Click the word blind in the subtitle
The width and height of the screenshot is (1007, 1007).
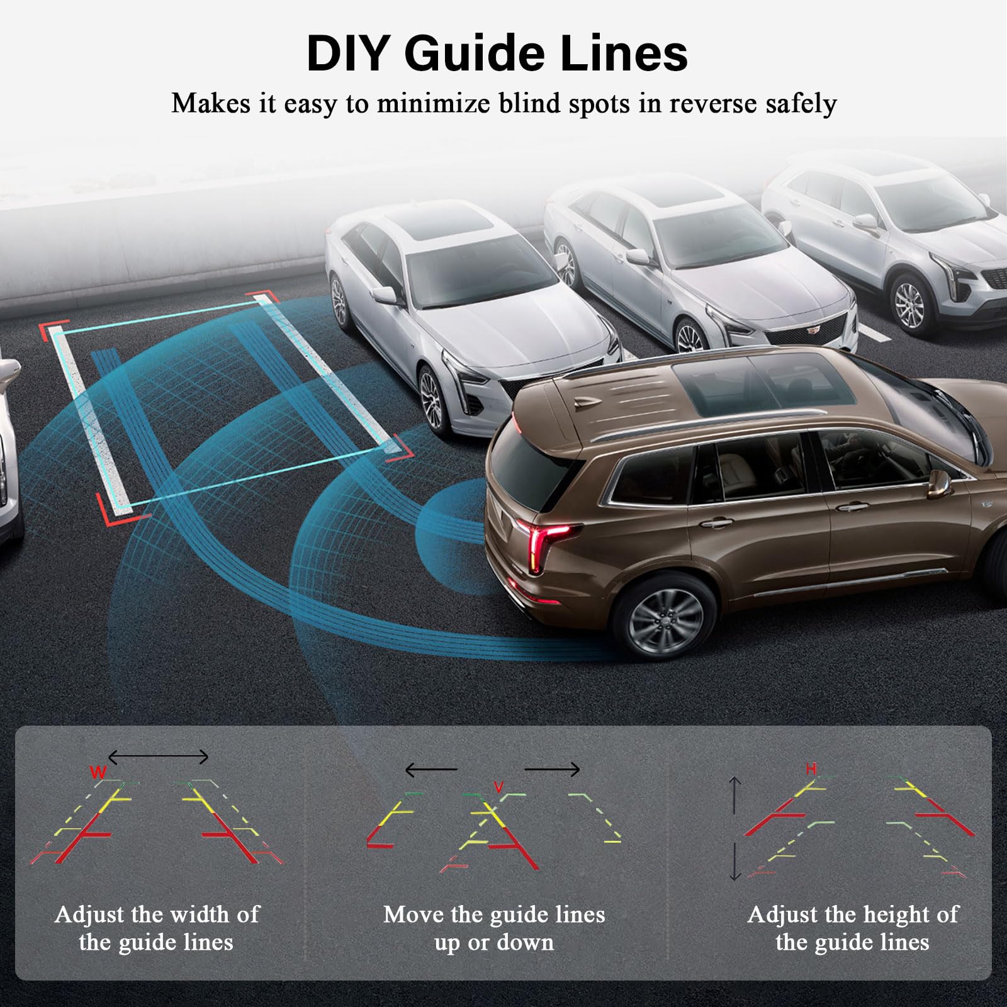tap(530, 103)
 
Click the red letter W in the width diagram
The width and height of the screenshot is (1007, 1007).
tap(98, 772)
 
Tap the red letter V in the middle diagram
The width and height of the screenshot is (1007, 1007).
tap(498, 787)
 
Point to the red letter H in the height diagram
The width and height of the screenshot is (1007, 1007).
tap(811, 769)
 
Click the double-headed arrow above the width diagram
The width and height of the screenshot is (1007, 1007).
tap(158, 757)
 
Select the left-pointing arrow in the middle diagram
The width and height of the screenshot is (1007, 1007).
tap(431, 769)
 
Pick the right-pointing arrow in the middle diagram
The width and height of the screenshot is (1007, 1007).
tap(552, 769)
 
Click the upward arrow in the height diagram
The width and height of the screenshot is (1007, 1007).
tap(735, 795)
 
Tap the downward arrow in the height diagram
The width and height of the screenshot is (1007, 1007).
tap(735, 862)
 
